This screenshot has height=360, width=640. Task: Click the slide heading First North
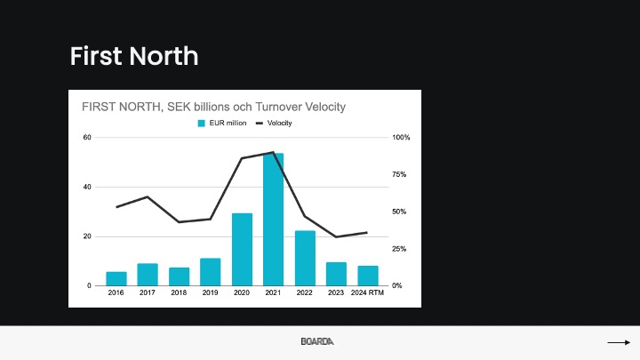134,56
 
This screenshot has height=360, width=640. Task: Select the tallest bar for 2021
273,220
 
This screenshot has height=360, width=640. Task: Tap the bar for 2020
242,250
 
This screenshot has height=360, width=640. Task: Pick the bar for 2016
116,279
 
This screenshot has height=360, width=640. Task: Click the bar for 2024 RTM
368,276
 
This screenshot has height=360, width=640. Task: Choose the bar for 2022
305,259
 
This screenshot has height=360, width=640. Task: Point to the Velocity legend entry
274,123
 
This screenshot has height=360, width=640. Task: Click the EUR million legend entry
222,123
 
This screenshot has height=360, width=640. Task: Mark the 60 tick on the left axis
87,138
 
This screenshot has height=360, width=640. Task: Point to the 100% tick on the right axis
401,138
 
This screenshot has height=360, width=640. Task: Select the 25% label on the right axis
399,249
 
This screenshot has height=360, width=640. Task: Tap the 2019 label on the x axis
210,292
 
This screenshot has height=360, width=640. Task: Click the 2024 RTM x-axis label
367,292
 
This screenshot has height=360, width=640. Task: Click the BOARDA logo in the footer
317,341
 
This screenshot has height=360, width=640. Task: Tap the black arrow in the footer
619,342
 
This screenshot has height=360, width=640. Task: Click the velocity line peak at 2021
273,152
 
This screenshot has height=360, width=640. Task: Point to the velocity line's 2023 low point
336,236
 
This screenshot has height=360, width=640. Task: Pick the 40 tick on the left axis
87,187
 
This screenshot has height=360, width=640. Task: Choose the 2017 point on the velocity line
148,196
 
